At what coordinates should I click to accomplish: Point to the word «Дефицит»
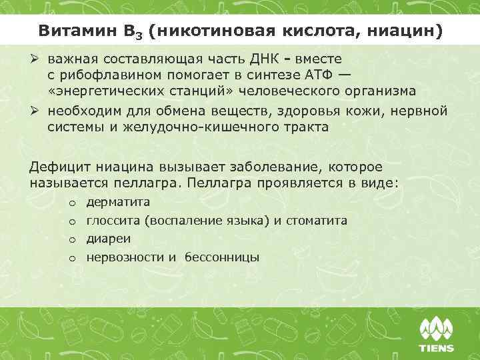pos(61,166)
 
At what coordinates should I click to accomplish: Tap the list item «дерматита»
pos(118,201)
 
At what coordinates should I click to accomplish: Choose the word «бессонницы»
pos(221,257)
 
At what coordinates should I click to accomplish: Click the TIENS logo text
pos(436,347)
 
